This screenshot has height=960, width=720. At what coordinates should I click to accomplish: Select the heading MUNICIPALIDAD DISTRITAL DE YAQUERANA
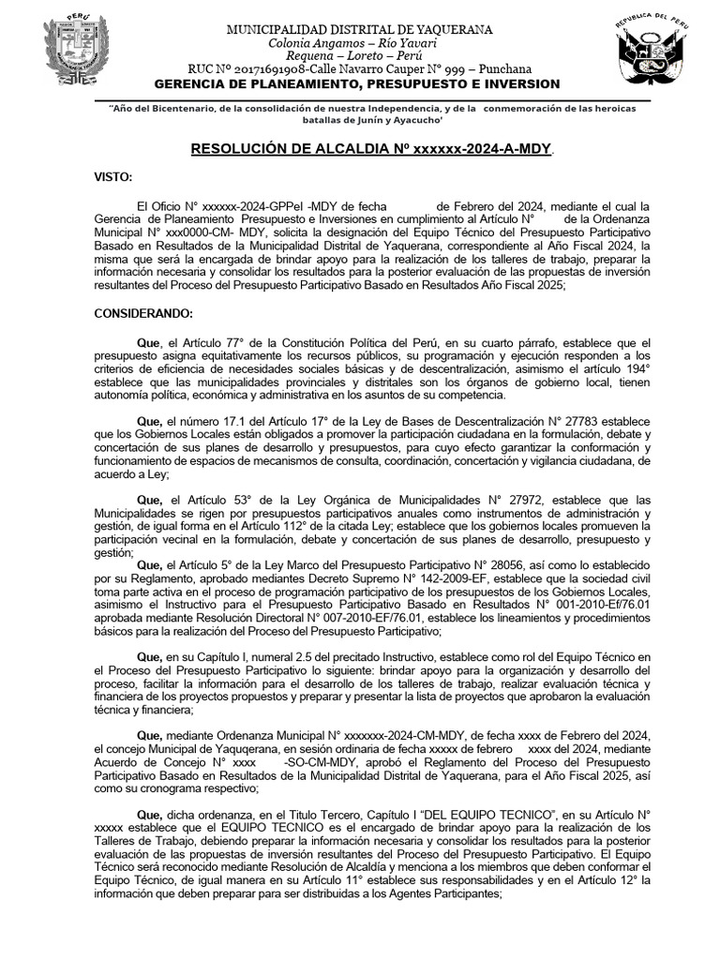coord(360,30)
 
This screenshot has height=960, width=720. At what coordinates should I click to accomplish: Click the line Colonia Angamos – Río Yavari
coord(360,43)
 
